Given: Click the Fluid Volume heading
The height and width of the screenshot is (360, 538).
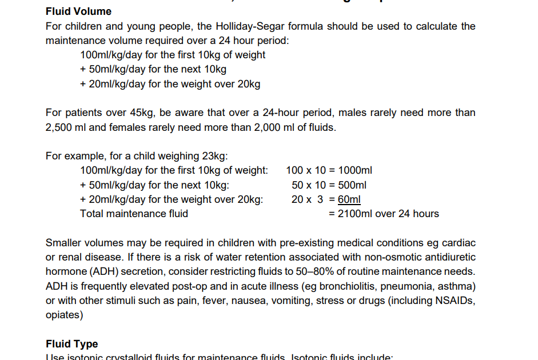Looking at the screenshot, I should pos(78,11).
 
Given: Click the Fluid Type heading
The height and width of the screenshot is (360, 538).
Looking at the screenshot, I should pos(71,344).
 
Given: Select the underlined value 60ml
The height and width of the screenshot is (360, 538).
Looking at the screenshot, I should pos(349,199).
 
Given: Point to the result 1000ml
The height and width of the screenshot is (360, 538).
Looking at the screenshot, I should pos(355,170).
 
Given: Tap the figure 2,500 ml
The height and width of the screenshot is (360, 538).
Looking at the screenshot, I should pos(66,127).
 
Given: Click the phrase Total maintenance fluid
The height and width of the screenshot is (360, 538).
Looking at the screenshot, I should pos(134,214).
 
